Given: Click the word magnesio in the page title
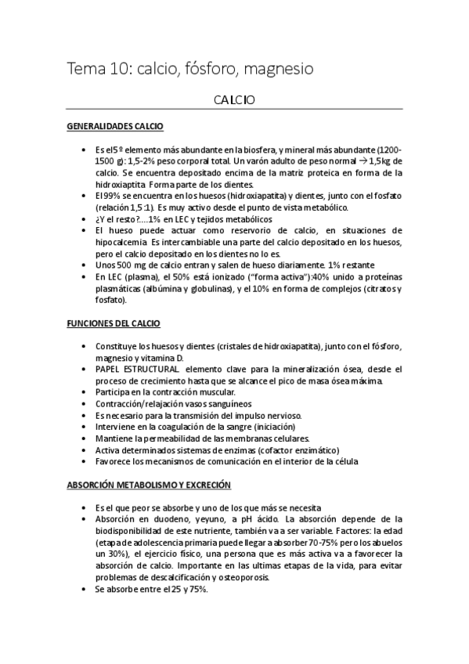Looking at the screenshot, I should pyautogui.click(x=280, y=70).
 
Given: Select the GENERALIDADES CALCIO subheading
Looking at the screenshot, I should pyautogui.click(x=115, y=125).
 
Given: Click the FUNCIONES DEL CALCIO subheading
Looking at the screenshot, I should pyautogui.click(x=114, y=323).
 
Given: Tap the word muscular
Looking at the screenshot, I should pyautogui.click(x=216, y=392).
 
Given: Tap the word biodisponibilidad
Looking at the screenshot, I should pyautogui.click(x=134, y=530).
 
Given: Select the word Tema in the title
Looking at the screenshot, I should pyautogui.click(x=89, y=70).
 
